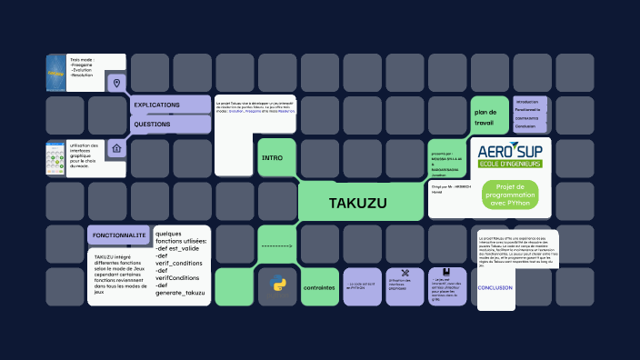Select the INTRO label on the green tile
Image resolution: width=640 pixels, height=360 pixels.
[272, 157]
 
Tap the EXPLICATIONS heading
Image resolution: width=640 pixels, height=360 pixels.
[157, 105]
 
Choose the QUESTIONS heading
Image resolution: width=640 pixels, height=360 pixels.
[152, 124]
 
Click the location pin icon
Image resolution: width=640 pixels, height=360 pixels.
[116, 84]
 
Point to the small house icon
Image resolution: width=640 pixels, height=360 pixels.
[116, 147]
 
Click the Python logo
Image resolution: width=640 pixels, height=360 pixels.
[276, 284]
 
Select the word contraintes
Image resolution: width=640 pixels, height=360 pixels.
[319, 287]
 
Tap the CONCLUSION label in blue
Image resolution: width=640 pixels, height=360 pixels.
[495, 287]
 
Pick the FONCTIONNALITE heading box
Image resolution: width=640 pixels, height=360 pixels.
[118, 235]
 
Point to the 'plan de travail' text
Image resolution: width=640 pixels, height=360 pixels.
[484, 116]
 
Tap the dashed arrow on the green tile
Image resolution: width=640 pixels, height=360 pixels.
[276, 245]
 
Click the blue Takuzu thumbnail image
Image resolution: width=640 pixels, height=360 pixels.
[56, 73]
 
